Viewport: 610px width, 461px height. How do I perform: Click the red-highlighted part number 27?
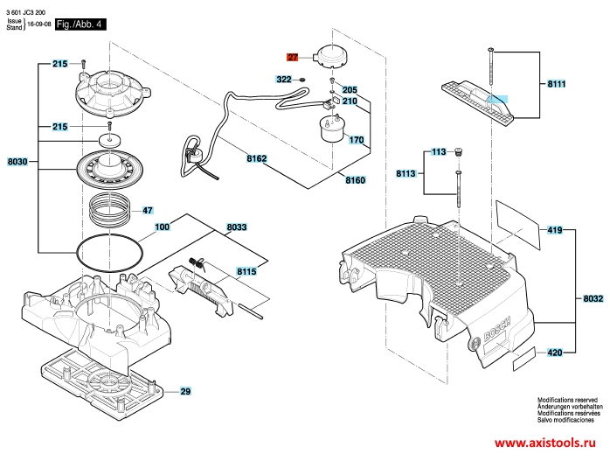coord(293,58)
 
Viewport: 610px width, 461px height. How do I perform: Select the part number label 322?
coord(284,80)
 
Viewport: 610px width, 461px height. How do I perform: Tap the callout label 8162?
coord(257,158)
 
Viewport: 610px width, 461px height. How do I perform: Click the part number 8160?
coord(356,180)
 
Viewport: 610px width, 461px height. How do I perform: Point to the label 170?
coord(357,140)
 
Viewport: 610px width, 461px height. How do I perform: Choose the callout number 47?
coord(148,211)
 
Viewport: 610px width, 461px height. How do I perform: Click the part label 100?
coord(163,227)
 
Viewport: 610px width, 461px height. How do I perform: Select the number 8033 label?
coord(237,227)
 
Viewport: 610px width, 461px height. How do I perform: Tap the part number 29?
coord(185,391)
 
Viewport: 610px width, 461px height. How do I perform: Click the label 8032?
coord(593,298)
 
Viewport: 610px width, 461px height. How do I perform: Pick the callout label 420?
coord(555,353)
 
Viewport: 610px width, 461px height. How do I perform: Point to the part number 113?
coord(439,152)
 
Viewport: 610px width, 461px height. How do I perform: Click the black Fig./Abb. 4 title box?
coord(80,24)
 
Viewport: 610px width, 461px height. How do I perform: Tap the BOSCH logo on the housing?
coord(496,328)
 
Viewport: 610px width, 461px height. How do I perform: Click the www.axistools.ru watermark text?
coord(545,443)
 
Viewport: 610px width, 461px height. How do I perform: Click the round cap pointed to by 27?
coord(331,57)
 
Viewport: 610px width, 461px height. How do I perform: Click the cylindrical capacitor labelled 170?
coord(332,129)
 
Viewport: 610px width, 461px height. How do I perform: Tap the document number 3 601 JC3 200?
coord(25,13)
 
